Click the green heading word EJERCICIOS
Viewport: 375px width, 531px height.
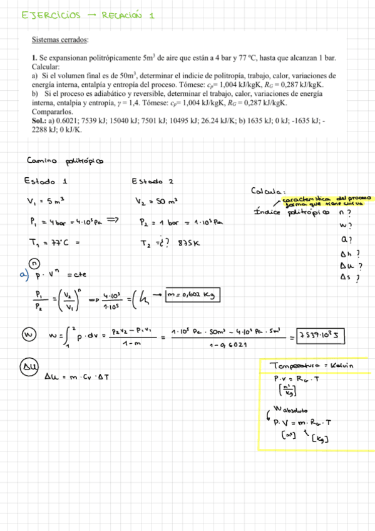click(x=51, y=14)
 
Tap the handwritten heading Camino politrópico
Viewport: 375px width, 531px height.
click(x=64, y=160)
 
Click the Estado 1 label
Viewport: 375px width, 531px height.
click(x=44, y=182)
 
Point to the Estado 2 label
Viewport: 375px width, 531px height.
click(x=152, y=182)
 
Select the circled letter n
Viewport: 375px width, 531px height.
click(x=35, y=263)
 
